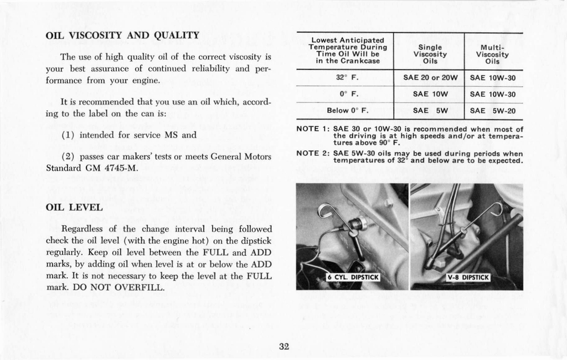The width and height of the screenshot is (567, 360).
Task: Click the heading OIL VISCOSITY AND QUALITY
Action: coord(122,35)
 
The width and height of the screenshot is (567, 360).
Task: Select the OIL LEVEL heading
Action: coord(74,207)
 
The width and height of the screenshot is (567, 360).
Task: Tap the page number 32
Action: coord(284,347)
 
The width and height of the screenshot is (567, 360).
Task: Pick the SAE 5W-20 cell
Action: coord(492,110)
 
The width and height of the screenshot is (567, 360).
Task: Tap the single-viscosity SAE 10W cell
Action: coord(430,94)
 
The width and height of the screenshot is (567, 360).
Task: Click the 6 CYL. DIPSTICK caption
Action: coord(352,277)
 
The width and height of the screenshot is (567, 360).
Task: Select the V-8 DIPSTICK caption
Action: coord(468,277)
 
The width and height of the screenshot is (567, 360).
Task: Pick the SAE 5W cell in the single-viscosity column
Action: coord(430,110)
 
